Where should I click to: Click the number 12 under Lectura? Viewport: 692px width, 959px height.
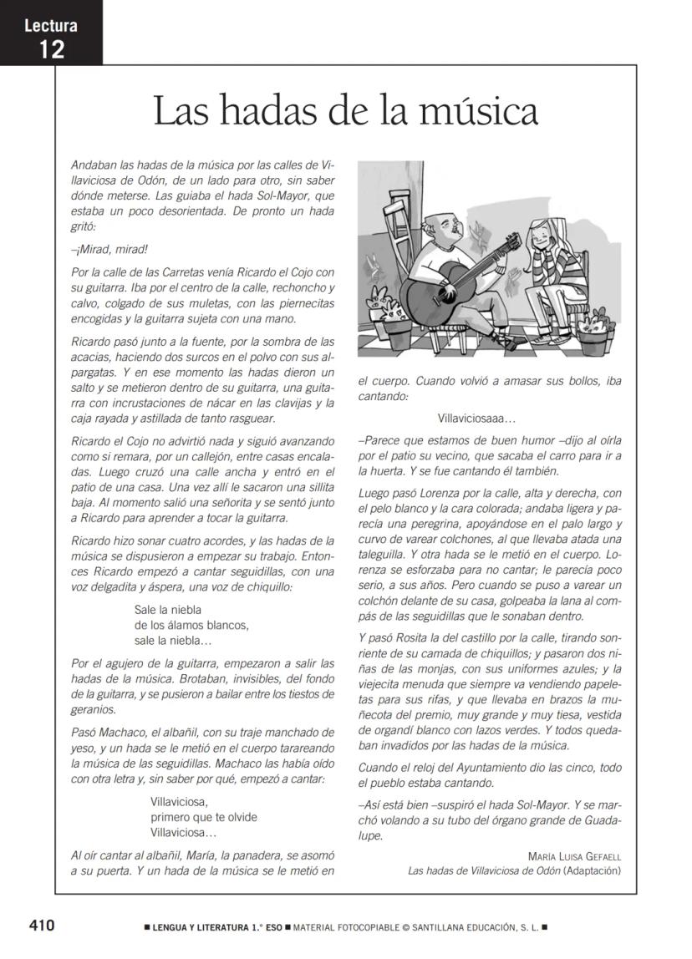51,48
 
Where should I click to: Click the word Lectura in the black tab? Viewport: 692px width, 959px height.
51,25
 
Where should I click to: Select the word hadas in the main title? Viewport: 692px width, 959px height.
253,111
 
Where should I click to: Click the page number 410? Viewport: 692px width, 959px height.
42,926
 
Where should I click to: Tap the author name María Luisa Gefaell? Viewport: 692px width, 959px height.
574,856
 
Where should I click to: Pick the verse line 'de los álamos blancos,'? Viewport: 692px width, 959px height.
191,625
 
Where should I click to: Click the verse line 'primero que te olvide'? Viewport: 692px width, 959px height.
203,817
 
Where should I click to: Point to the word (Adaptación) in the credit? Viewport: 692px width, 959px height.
593,870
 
